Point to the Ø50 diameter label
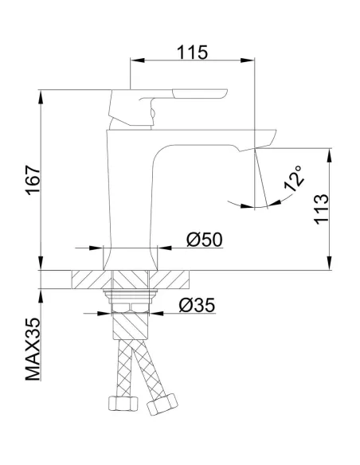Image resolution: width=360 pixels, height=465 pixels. coord(205,239)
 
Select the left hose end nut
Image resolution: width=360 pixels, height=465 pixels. coord(119,404)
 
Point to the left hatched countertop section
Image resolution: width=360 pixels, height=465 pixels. coord(88,280)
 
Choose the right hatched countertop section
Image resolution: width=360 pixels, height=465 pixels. coord(175,280)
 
